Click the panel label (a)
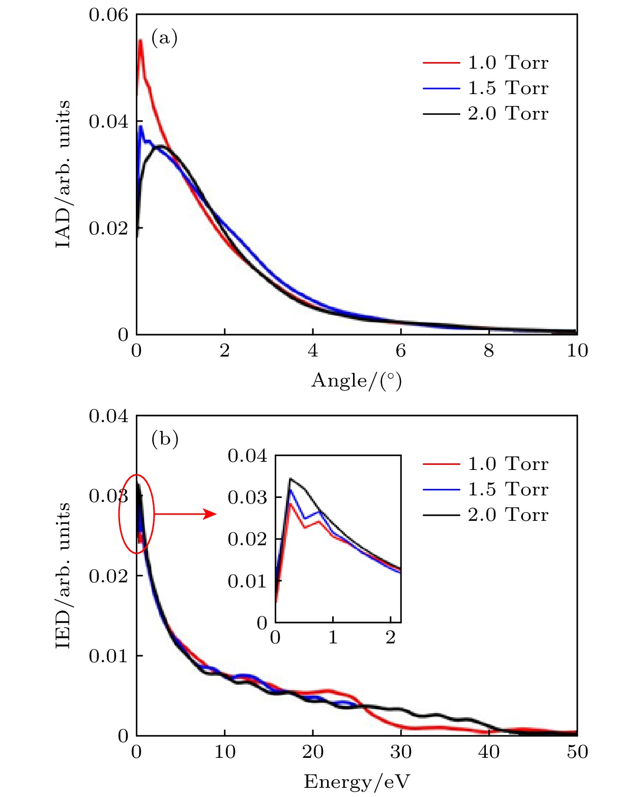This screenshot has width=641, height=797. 164,38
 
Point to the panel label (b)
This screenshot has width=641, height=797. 165,438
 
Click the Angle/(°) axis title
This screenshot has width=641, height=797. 357,380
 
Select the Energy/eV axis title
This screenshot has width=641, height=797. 357,782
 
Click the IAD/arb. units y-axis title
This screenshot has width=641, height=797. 63,174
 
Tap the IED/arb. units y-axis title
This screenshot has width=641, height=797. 63,575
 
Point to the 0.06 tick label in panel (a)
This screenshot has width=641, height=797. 108,15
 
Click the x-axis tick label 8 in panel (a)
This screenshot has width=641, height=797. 489,350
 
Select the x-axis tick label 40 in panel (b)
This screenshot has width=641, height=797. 489,752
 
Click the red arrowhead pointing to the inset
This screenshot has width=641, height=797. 210,514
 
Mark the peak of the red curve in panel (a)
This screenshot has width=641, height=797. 140,40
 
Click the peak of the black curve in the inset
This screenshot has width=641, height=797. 290,479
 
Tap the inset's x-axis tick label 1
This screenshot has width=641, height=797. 333,637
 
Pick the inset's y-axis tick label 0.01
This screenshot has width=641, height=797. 247,581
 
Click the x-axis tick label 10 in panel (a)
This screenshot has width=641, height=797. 577,350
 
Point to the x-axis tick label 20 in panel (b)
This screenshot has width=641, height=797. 312,752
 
